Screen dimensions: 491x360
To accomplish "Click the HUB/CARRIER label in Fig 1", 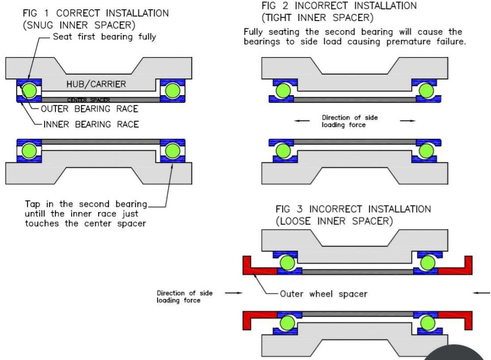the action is pyautogui.click(x=96, y=84).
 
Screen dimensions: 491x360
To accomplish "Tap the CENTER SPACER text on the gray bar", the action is pyautogui.click(x=89, y=100).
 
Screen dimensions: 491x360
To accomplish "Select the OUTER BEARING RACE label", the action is pyautogui.click(x=90, y=109).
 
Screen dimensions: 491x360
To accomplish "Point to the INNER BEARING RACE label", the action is pyautogui.click(x=91, y=124).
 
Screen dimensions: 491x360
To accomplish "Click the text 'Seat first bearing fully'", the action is pyautogui.click(x=104, y=37).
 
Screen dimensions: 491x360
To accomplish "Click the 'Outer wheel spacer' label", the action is pyautogui.click(x=323, y=294).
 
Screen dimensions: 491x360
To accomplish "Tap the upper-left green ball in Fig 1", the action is pyautogui.click(x=29, y=90).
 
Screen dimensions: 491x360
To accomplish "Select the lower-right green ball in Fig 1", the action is pyautogui.click(x=173, y=151).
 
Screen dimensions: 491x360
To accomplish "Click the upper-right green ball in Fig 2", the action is pyautogui.click(x=426, y=91).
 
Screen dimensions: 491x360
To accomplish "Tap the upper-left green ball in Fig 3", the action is pyautogui.click(x=287, y=262).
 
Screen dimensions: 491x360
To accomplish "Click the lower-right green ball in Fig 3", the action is pyautogui.click(x=427, y=323).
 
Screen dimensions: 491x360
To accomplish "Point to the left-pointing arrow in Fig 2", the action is pyautogui.click(x=302, y=121).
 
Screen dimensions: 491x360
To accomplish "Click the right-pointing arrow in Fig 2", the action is pyautogui.click(x=408, y=121).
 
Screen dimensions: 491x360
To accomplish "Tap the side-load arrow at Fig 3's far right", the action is pyautogui.click(x=482, y=293).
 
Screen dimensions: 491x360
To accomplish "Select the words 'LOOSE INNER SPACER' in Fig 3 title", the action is pyautogui.click(x=335, y=221).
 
